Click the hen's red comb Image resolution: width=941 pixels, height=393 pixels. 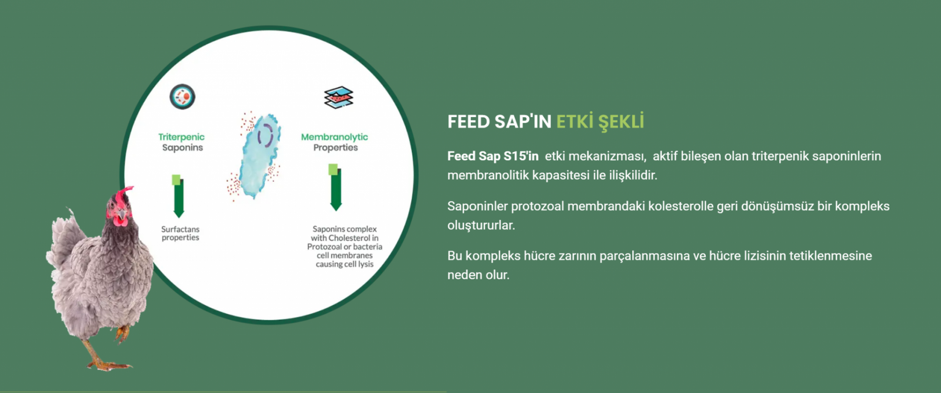[123, 195]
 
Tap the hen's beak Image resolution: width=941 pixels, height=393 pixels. [121, 216]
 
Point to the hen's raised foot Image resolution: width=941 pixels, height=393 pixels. [122, 334]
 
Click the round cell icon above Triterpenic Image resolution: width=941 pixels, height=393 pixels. [182, 96]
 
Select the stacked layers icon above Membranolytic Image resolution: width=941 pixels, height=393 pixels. [339, 98]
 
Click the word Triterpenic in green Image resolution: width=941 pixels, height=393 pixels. [182, 137]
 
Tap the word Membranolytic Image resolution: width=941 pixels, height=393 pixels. [335, 137]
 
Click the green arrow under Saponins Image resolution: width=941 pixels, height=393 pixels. [178, 196]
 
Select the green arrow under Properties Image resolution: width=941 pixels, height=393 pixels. [335, 187]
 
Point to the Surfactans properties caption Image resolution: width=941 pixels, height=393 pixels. [180, 234]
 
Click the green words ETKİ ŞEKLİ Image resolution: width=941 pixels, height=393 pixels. [600, 122]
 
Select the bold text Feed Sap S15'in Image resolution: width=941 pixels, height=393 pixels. [493, 156]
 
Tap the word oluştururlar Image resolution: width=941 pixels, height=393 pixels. [481, 226]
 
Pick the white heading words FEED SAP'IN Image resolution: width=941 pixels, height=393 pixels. [499, 122]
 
